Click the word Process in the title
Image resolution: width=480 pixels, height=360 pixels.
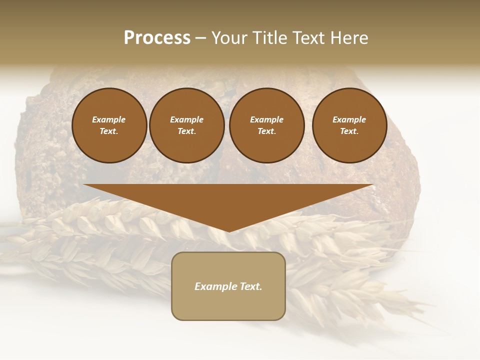click(x=157, y=38)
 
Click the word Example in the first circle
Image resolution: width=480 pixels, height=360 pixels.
click(x=109, y=119)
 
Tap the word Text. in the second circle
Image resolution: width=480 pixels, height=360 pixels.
click(x=186, y=131)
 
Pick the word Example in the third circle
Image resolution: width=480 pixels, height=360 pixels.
click(x=266, y=119)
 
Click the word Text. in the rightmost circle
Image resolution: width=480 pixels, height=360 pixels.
click(x=349, y=131)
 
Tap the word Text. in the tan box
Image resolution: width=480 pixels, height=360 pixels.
click(x=250, y=286)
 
